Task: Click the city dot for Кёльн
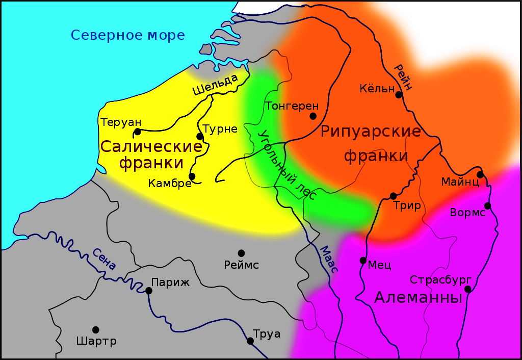click(399, 95)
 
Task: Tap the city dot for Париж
click(149, 291)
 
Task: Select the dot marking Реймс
click(241, 253)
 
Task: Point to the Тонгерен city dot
click(313, 116)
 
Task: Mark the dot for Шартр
click(95, 330)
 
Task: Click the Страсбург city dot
click(468, 289)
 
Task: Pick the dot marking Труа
click(250, 341)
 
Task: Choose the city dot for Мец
click(363, 260)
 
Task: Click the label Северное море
click(127, 35)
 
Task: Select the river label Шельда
click(215, 85)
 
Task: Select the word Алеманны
click(418, 298)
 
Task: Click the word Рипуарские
click(371, 132)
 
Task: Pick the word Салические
click(151, 147)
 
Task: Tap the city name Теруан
click(121, 122)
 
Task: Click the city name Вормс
click(467, 212)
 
